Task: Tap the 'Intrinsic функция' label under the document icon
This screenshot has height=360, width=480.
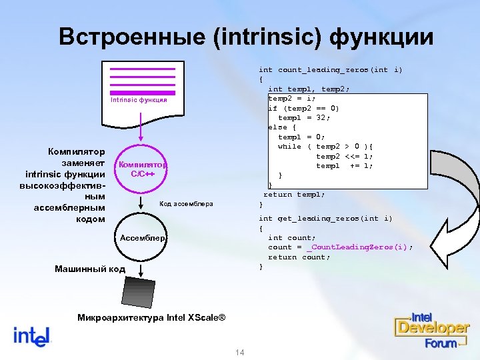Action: coord(139,101)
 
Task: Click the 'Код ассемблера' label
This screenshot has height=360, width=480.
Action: coord(186,203)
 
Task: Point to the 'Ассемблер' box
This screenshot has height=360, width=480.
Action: coord(142,238)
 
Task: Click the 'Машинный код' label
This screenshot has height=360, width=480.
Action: coord(89,269)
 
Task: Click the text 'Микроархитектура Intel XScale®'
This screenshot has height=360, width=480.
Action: coord(151,317)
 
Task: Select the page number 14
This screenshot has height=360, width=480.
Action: coord(241,352)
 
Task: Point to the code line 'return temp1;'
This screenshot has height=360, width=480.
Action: coord(294,195)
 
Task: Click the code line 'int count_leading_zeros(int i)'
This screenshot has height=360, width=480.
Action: coord(330,69)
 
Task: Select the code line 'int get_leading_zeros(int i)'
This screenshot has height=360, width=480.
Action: coord(325,219)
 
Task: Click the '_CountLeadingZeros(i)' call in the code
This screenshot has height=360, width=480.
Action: coord(359,247)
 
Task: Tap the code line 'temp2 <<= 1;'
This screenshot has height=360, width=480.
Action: coord(344,156)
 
